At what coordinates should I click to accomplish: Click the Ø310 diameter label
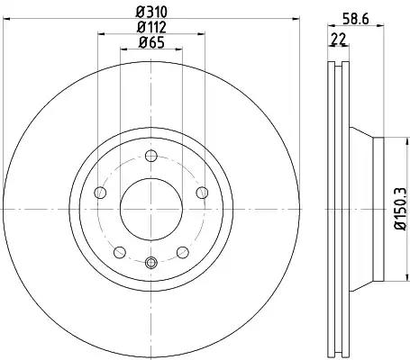tap(151, 13)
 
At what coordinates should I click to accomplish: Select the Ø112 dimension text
tap(151, 28)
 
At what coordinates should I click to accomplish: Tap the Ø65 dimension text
tap(151, 43)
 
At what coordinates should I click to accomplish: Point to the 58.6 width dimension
tap(356, 20)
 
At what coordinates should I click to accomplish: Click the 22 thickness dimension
tap(338, 39)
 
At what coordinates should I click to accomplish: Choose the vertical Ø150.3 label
tap(400, 209)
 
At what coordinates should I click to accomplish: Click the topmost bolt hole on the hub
tap(151, 156)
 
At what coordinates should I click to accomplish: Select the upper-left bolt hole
tap(100, 193)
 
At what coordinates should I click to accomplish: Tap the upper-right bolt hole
tap(202, 193)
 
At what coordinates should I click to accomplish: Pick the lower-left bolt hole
tap(120, 252)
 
